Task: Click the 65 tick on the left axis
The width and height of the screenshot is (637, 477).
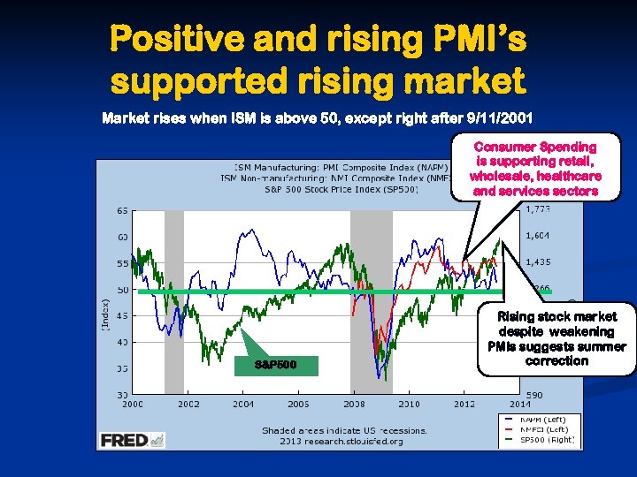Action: (122, 212)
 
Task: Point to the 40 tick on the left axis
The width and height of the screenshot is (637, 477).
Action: (122, 342)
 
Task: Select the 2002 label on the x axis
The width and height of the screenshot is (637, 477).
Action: (188, 404)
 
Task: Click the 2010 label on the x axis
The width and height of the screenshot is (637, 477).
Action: (409, 404)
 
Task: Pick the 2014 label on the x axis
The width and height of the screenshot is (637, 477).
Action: (519, 404)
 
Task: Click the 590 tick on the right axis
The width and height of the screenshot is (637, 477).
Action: (535, 394)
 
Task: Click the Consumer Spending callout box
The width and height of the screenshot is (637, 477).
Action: (536, 168)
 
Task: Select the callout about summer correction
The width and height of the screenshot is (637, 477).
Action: (556, 338)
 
